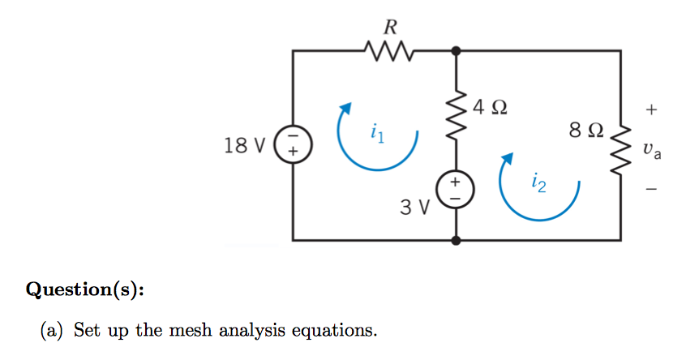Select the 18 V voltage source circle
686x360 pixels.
[294, 146]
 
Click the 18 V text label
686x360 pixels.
[246, 146]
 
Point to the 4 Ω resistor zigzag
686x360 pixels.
[456, 122]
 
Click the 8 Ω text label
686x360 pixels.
[586, 130]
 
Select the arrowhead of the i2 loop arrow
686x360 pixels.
[509, 160]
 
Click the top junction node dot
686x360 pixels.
[456, 50]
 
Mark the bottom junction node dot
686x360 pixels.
[456, 240]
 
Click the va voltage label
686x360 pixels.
[651, 149]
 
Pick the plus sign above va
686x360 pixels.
[652, 108]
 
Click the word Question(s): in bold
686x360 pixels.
[85, 289]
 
